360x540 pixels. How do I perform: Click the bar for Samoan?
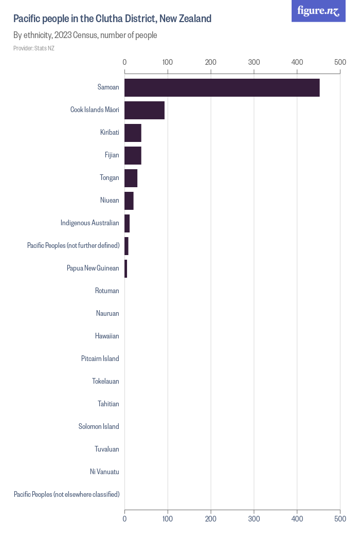(222, 87)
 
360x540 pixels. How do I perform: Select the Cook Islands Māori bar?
(145, 110)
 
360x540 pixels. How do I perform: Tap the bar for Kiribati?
(133, 133)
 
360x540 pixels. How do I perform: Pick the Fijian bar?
(133, 155)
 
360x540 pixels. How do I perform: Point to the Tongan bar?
(131, 178)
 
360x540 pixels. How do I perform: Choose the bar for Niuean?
(129, 201)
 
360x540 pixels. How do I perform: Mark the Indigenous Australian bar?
(127, 223)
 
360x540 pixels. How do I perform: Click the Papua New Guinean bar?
(126, 268)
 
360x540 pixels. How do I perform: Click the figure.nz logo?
(319, 11)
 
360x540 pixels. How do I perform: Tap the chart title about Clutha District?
(112, 19)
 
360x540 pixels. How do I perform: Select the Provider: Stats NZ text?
(33, 48)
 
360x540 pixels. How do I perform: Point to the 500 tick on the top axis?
(340, 62)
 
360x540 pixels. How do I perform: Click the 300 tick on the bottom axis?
(254, 519)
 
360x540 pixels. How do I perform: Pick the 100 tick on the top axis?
(167, 62)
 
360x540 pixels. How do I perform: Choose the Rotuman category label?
(107, 291)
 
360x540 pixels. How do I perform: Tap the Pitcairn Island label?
(100, 359)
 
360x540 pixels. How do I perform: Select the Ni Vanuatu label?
(104, 472)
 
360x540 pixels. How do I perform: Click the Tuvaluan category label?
(107, 449)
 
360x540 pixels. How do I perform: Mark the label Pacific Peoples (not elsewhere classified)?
(66, 495)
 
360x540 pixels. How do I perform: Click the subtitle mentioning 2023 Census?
(85, 35)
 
